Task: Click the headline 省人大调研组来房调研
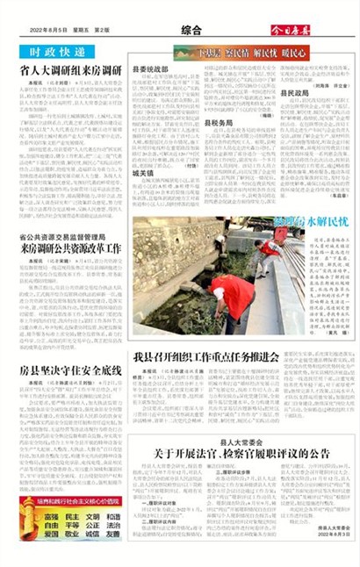70,70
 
